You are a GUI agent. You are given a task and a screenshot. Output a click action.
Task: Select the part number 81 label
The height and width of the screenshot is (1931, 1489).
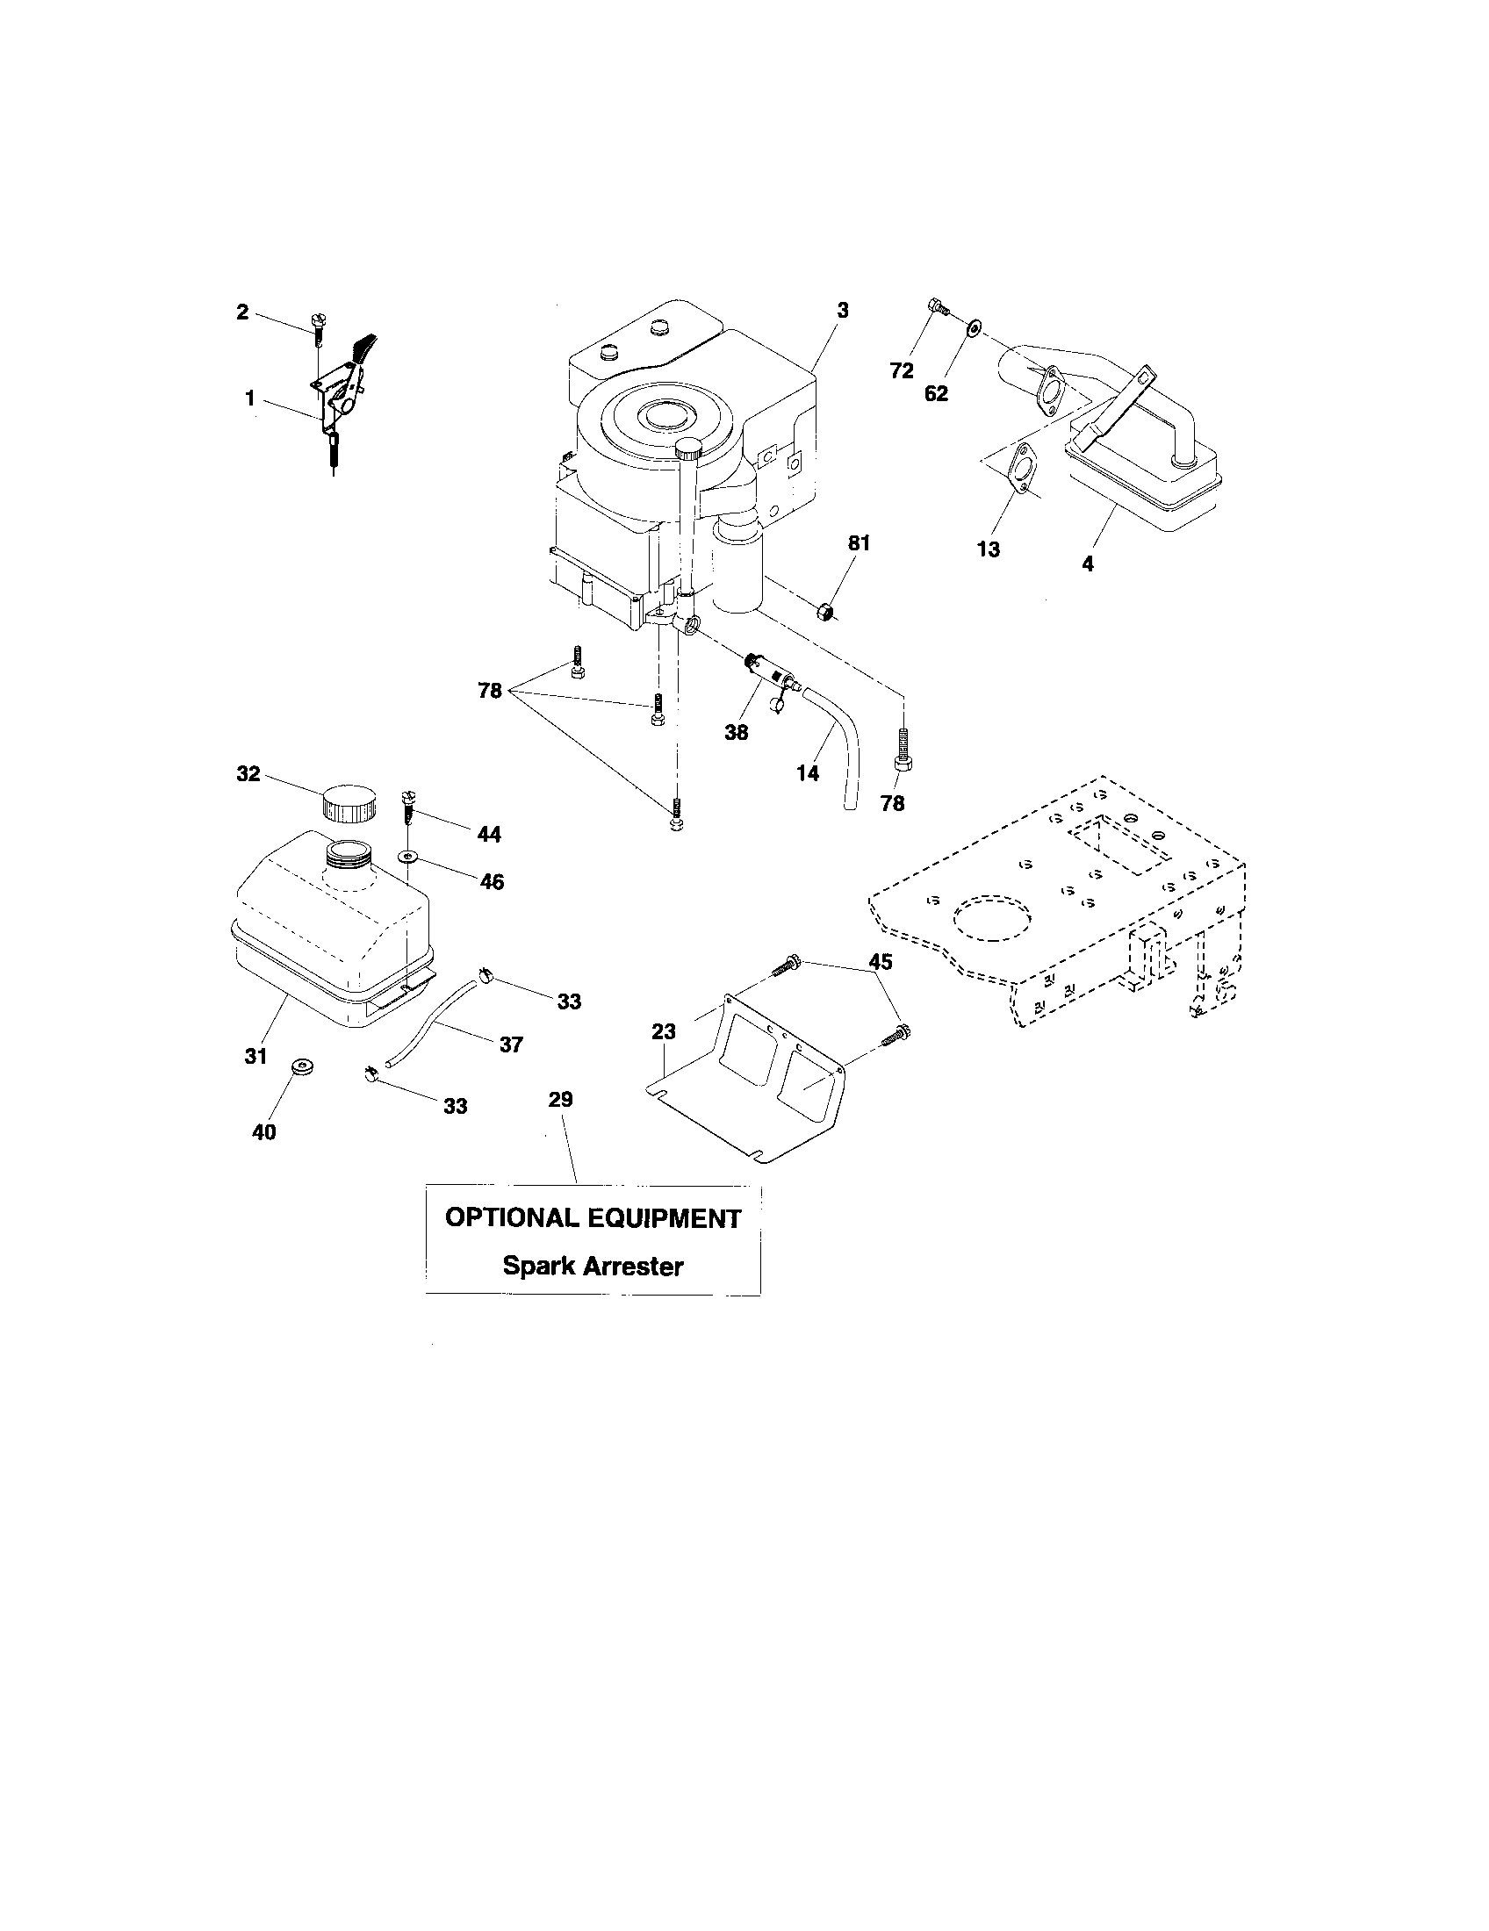pyautogui.click(x=859, y=544)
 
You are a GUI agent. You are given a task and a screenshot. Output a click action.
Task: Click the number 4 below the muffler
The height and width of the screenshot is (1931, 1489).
pyautogui.click(x=1087, y=563)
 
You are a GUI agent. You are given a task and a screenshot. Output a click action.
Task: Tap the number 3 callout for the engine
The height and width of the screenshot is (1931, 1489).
pyautogui.click(x=843, y=311)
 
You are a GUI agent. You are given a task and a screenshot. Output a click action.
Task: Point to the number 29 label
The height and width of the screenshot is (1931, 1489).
pyautogui.click(x=561, y=1100)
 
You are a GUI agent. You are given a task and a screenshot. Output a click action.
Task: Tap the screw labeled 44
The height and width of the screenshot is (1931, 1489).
pyautogui.click(x=408, y=806)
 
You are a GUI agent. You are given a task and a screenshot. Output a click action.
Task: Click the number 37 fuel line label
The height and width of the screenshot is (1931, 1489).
pyautogui.click(x=511, y=1044)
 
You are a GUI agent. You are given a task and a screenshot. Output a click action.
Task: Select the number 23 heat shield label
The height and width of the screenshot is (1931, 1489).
pyautogui.click(x=663, y=1031)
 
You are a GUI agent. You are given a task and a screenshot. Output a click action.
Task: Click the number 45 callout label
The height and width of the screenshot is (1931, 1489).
pyautogui.click(x=880, y=962)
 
